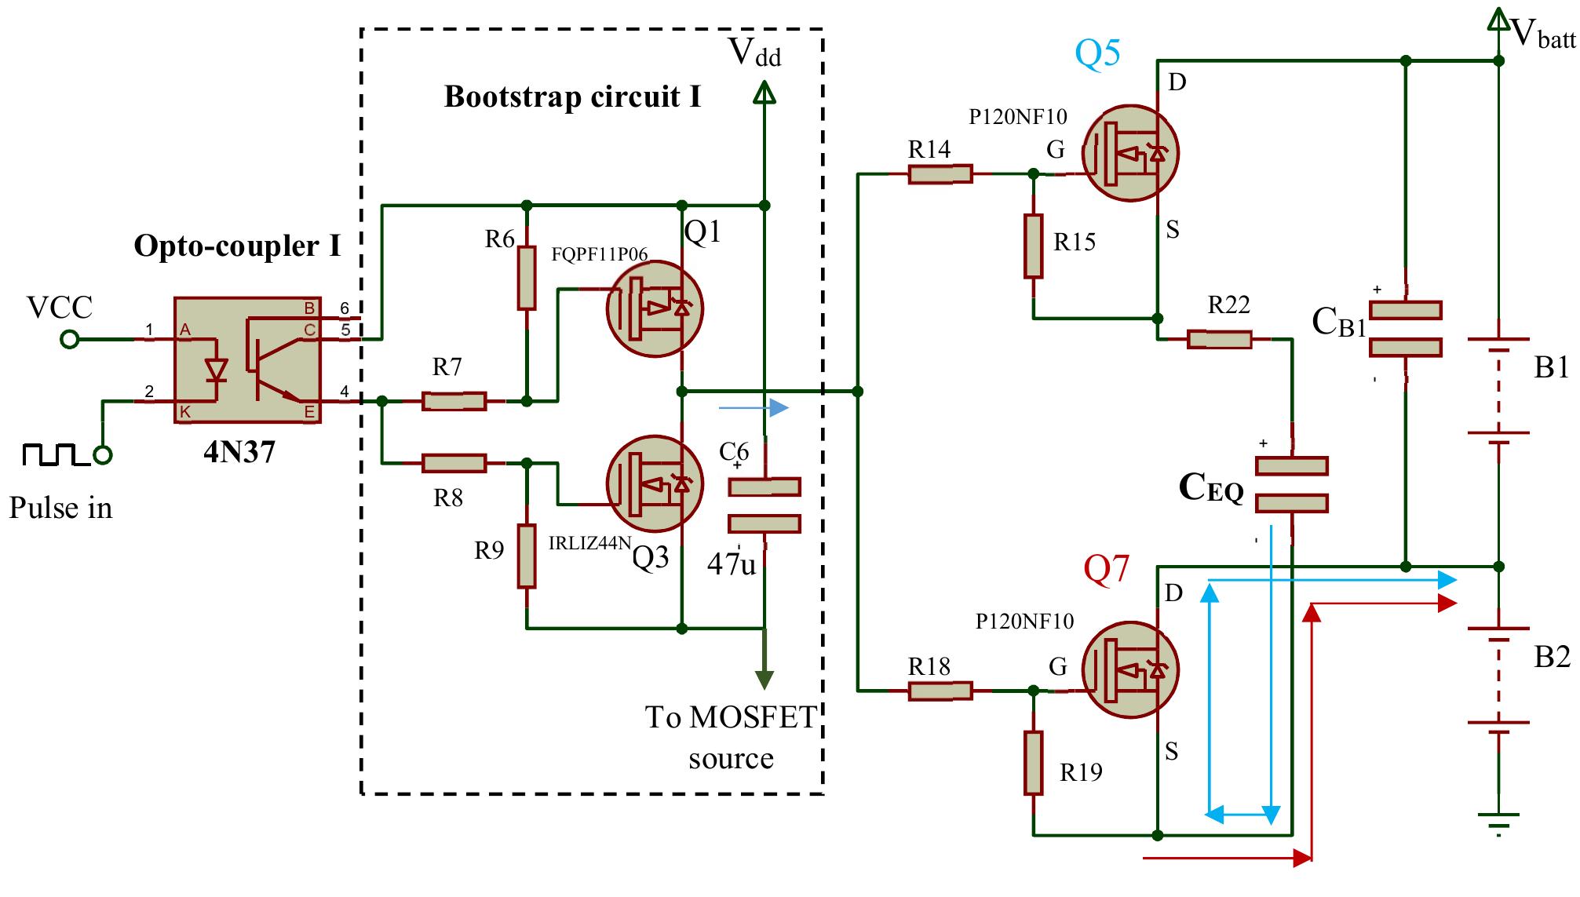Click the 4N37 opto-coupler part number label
click(239, 453)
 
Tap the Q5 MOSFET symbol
click(1129, 154)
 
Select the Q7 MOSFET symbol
click(1129, 669)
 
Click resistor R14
click(940, 174)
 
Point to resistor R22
click(1219, 340)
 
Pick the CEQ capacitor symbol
click(1291, 484)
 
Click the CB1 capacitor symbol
click(1405, 329)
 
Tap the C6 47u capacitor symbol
click(764, 505)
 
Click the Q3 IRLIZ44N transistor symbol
click(655, 484)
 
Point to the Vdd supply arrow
click(764, 95)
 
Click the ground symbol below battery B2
click(1498, 822)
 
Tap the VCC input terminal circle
click(70, 339)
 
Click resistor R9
click(527, 556)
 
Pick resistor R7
click(454, 401)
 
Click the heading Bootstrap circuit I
click(572, 97)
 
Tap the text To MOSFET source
click(731, 737)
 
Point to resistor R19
click(1033, 763)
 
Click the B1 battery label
click(1551, 367)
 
